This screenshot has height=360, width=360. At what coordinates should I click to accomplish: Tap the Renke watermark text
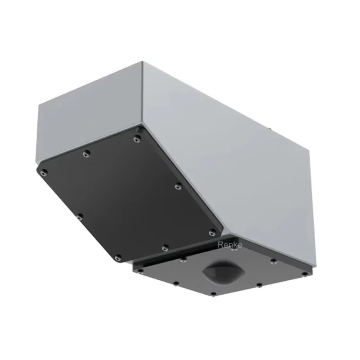[229, 245]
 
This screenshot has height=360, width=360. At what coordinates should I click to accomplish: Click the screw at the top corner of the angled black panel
[137, 139]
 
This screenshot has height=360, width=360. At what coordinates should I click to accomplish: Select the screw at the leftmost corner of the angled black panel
[43, 172]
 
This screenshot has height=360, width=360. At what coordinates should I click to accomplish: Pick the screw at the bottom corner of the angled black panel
[118, 257]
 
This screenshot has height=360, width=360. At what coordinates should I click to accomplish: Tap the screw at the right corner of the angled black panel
[212, 233]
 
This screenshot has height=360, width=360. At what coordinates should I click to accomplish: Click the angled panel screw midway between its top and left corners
[86, 153]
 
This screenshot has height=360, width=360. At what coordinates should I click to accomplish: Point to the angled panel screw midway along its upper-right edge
[178, 186]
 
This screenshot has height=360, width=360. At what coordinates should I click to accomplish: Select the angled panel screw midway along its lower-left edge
[80, 216]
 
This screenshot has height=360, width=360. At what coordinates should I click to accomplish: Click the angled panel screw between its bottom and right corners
[165, 248]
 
